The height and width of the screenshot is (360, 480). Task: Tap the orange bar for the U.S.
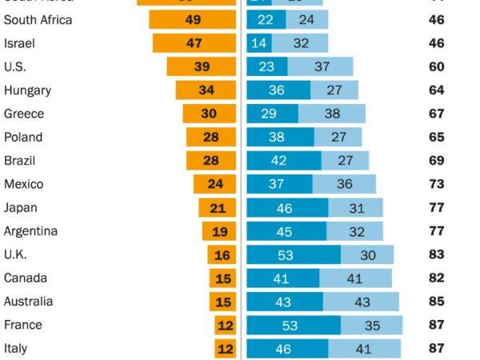[202, 66]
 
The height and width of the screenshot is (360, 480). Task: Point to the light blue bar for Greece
[331, 114]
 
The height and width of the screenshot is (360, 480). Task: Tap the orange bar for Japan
[218, 208]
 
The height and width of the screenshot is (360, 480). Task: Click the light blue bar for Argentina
[357, 231]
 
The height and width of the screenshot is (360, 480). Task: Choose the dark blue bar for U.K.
[294, 255]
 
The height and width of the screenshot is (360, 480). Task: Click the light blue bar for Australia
[361, 302]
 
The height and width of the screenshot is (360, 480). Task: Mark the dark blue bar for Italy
[287, 349]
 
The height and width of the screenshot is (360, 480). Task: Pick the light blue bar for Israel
[301, 43]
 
